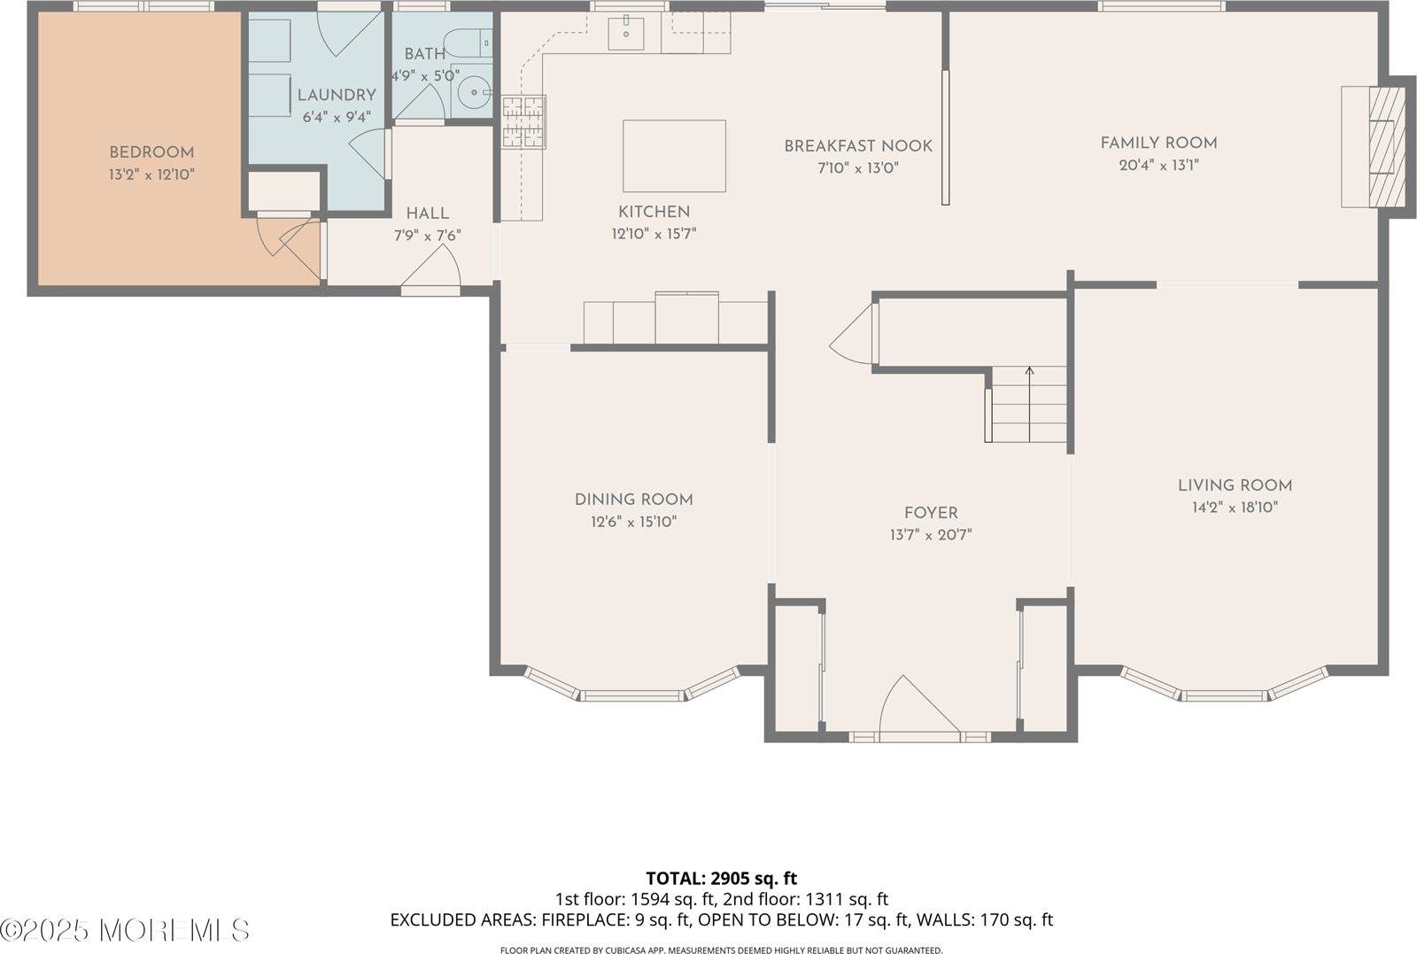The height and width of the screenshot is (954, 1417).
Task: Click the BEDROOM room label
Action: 151,152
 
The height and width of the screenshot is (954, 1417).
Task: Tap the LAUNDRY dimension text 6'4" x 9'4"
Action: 337,117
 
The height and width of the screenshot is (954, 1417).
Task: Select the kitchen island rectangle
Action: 674,156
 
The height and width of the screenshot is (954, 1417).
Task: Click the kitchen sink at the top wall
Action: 626,34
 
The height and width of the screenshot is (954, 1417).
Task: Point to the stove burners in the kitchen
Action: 523,122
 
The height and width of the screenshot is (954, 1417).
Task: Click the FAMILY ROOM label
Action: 1158,143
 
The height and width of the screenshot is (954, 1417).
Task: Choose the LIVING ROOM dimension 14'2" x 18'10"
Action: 1235,508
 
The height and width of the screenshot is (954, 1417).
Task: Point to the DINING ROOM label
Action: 633,500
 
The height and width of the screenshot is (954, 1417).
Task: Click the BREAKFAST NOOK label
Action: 857,146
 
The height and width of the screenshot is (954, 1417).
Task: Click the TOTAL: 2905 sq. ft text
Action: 721,879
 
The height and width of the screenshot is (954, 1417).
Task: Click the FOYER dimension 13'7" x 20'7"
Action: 931,535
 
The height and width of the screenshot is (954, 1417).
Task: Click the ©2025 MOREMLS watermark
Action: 125,930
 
